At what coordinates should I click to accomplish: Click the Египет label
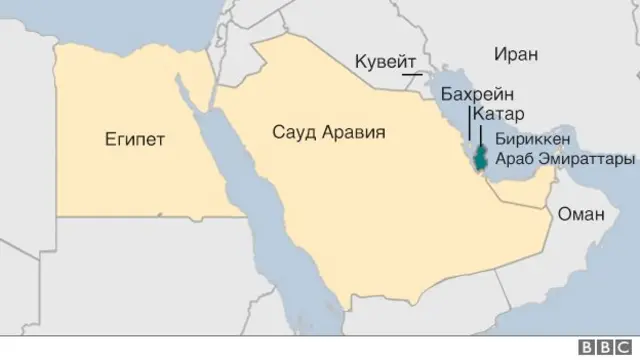tap(136, 139)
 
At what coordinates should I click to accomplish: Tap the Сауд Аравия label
tap(329, 132)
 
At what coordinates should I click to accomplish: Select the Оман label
tap(579, 213)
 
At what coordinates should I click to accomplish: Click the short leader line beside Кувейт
tap(410, 72)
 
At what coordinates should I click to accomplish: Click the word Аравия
tap(354, 132)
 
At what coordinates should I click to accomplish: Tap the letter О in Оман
tap(564, 213)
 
